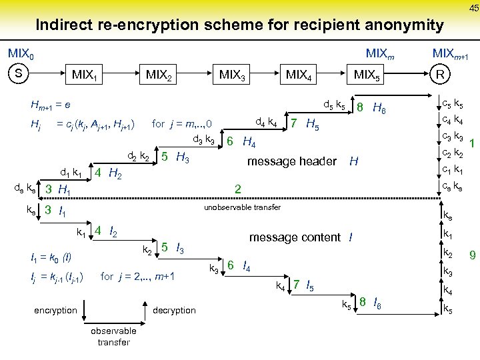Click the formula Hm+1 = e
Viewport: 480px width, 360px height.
51,106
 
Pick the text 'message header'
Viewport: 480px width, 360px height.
291,161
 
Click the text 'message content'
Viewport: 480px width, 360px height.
295,237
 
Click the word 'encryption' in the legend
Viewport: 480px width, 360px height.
56,310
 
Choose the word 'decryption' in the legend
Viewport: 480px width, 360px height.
175,310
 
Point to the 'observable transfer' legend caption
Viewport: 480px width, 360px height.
113,337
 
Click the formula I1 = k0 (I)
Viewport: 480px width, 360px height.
51,257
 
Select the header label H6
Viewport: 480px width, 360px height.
379,107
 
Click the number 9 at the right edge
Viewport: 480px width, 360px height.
471,254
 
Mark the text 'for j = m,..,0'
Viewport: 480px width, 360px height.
182,123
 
